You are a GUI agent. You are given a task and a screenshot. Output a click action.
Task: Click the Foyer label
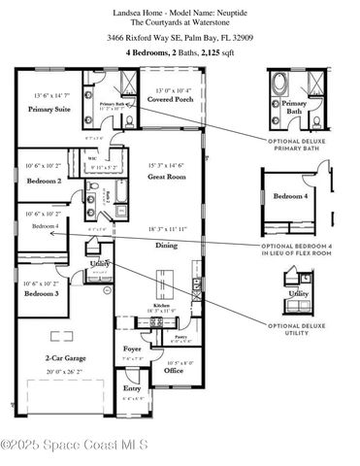click(133, 349)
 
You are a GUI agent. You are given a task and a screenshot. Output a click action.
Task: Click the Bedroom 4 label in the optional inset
click(291, 196)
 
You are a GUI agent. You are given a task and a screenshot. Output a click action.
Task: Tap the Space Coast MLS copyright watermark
click(76, 445)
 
